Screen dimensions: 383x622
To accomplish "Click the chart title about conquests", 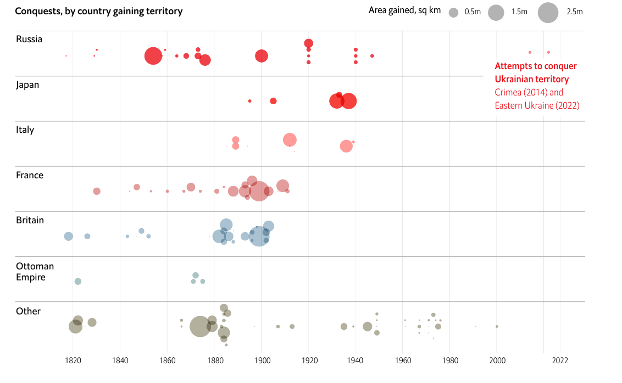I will tap(99, 11).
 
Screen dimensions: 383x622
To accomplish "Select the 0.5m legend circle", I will tap(453, 12).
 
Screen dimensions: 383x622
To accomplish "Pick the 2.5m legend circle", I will tap(548, 13).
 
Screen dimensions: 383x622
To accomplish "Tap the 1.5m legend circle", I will tap(496, 13).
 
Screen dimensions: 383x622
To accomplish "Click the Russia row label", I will tap(29, 39).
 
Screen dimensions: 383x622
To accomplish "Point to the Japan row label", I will tap(27, 85).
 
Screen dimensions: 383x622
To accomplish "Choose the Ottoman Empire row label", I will tap(35, 272).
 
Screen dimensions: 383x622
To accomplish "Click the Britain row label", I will tap(30, 220).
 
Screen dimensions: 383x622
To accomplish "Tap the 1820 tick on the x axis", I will tap(73, 361).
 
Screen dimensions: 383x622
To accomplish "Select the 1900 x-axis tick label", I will tap(262, 361).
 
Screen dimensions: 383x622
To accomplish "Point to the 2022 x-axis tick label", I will tap(560, 361).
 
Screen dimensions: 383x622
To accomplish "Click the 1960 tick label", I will tap(403, 361).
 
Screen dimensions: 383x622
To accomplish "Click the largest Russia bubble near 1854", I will tap(153, 56).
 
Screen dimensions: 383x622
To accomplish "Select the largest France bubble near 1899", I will tap(258, 191).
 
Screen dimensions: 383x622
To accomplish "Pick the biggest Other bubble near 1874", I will tap(200, 326).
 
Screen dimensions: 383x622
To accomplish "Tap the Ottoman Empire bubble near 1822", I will tap(77, 281).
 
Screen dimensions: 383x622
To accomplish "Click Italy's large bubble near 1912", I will tap(290, 140).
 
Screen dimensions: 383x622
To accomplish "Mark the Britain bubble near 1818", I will tap(68, 236).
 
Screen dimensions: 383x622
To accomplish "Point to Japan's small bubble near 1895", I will tap(249, 101).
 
